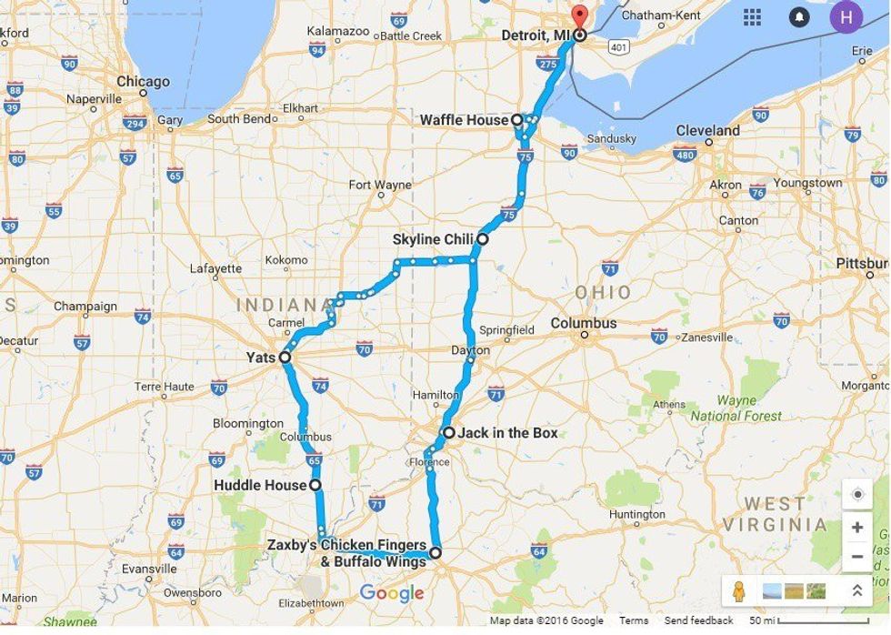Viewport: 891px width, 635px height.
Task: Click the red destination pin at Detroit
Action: coord(579,16)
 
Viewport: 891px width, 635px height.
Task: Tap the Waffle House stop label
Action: coord(464,120)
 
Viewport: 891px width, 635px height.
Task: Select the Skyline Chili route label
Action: coord(433,239)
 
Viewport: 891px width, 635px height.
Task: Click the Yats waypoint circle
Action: coord(285,358)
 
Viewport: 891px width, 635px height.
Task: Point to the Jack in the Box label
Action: coord(507,433)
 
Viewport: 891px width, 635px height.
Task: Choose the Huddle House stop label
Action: coord(260,485)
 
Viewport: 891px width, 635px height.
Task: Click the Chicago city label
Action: coord(143,82)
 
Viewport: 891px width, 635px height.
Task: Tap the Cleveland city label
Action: coord(707,131)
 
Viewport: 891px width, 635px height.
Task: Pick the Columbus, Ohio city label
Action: coord(584,324)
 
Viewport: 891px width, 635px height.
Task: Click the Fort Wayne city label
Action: coord(380,185)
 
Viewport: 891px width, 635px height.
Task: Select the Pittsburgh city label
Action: coord(863,264)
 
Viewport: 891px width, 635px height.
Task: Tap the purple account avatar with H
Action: coord(846,17)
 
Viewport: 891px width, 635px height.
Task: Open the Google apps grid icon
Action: coord(752,17)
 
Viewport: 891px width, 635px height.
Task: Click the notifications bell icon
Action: coord(799,17)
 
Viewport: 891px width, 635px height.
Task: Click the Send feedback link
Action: coord(698,621)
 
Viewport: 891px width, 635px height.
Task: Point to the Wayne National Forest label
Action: coord(736,408)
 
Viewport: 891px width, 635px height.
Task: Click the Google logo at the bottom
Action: coord(392,593)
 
